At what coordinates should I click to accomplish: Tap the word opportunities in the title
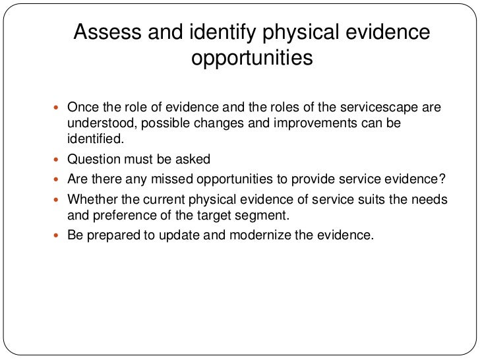(x=251, y=59)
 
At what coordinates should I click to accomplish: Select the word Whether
(x=91, y=198)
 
